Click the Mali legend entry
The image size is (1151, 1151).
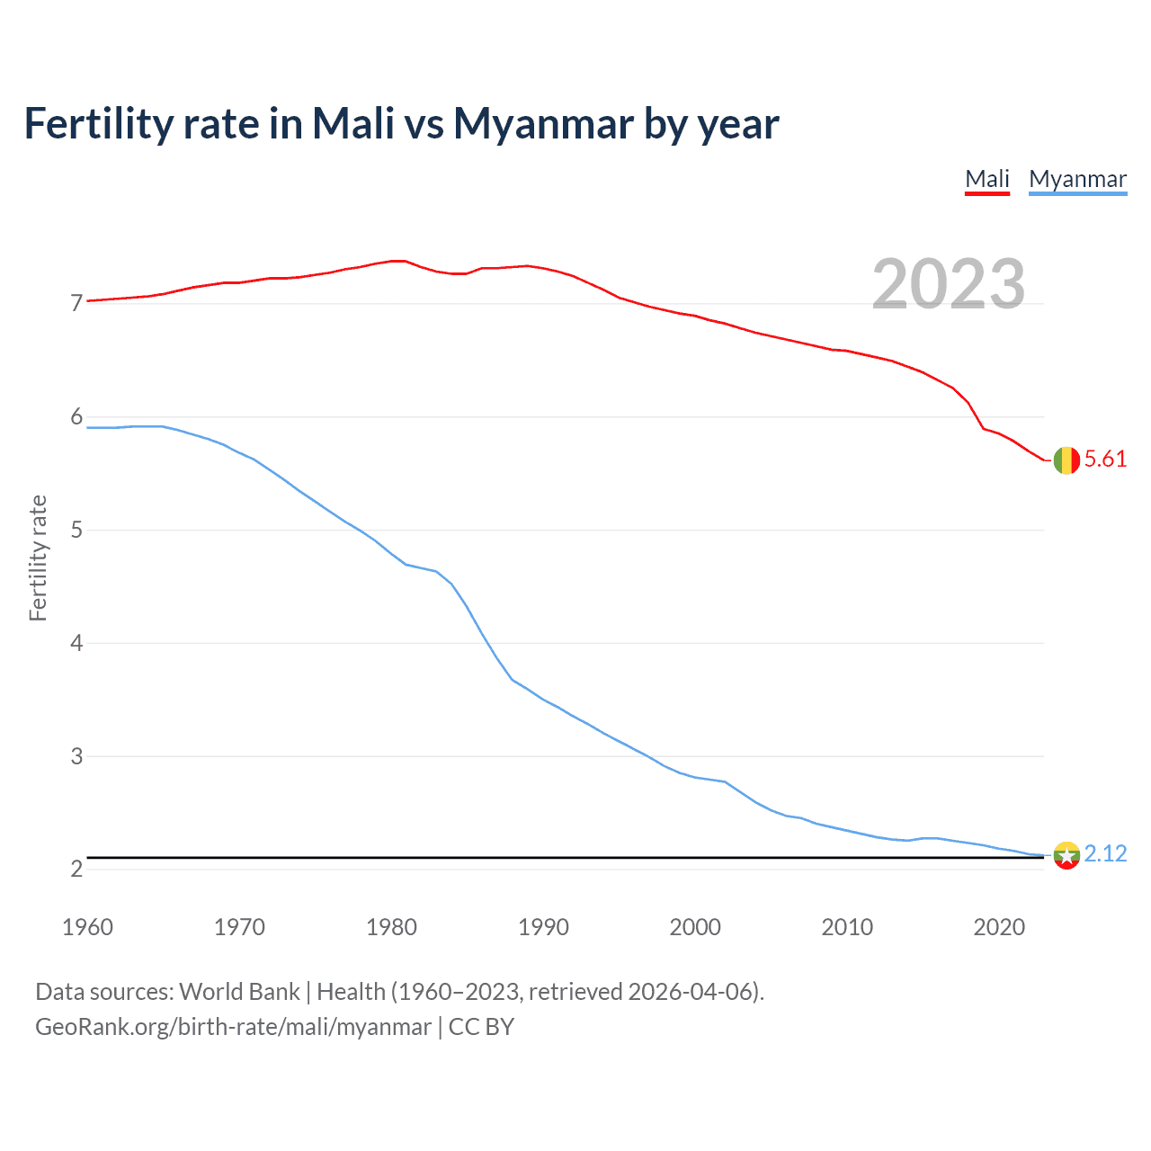pos(986,179)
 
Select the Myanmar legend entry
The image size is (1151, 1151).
pos(1077,179)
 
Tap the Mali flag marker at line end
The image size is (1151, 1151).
pos(1066,460)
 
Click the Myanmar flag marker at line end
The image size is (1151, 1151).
pos(1066,855)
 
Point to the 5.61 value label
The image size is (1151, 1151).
pos(1105,460)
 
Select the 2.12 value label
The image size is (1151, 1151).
pos(1105,853)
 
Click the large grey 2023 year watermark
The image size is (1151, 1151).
pos(949,284)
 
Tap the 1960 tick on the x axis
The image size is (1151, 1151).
pos(87,927)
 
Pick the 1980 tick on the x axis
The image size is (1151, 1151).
pos(391,927)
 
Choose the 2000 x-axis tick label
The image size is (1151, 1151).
pos(695,927)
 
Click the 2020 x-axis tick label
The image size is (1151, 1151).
pos(999,927)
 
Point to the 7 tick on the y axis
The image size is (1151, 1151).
pos(76,303)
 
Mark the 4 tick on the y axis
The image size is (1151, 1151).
pos(76,643)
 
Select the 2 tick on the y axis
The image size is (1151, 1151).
pos(76,870)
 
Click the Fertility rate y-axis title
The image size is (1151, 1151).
pos(38,558)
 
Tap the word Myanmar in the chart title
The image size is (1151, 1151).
pos(544,123)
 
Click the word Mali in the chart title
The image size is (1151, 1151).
pos(353,123)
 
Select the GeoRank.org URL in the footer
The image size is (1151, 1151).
pos(233,1027)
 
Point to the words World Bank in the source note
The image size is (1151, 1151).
pos(239,992)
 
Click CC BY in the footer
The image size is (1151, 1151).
pos(481,1027)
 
